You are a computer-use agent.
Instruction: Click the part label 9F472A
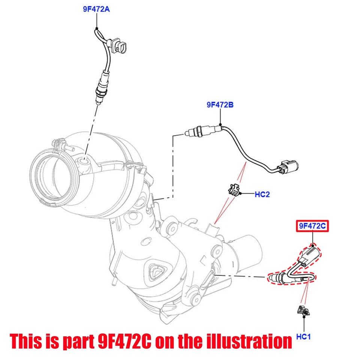point(96,9)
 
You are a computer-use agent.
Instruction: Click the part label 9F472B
point(220,105)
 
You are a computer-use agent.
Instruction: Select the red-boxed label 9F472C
point(312,226)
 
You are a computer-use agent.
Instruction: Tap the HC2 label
point(262,194)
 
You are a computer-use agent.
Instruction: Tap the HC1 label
point(303,337)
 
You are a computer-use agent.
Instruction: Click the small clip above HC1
point(302,311)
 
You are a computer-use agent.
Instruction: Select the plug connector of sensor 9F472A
point(120,46)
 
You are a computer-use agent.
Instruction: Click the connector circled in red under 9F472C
point(308,255)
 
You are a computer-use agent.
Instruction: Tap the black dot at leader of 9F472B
point(220,124)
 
